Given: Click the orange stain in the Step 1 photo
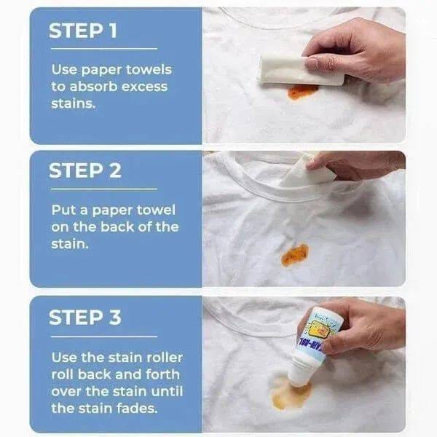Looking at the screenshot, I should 302,91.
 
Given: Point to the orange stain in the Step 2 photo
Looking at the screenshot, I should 294,254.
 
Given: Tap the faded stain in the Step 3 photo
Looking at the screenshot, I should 290,393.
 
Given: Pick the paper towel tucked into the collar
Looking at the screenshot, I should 313,172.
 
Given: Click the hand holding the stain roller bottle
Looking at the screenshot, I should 364,328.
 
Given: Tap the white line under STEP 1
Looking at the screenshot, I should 103,49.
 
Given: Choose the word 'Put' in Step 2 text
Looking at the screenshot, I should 63,210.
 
